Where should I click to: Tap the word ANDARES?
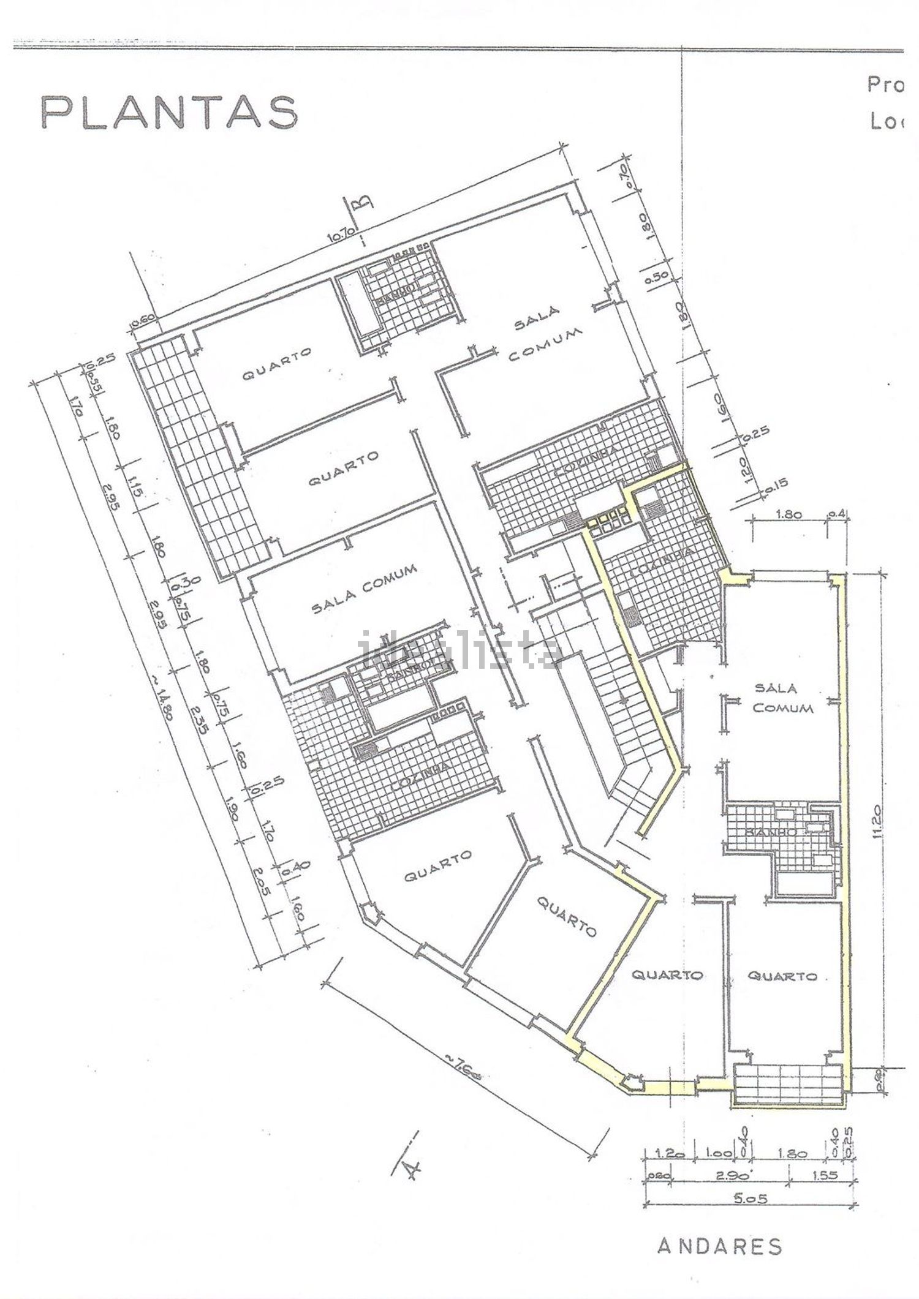[x=720, y=1212]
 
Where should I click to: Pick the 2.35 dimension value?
[x=199, y=717]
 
